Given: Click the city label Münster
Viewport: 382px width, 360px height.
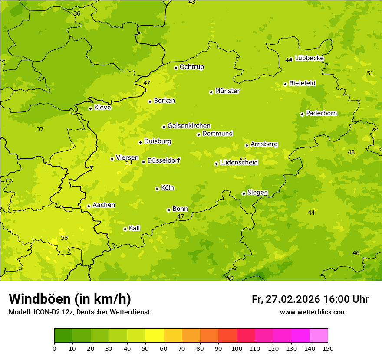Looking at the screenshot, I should coord(227,91).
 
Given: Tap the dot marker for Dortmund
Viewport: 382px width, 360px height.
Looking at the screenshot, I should coord(198,134).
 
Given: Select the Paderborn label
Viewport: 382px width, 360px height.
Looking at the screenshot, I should coord(321,113).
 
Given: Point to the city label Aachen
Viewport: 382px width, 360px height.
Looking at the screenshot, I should coord(104,205).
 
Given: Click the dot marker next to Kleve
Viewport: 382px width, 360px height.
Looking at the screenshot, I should coord(90,108).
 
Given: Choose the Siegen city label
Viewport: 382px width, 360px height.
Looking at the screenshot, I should coord(257,193).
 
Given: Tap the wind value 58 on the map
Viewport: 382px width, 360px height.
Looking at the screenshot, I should coord(64,238).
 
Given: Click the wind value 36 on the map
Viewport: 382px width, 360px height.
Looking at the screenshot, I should coord(77,13).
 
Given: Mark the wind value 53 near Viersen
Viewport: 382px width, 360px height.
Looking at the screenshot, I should coord(128,163).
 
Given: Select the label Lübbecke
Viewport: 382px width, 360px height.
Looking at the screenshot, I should coord(309,58).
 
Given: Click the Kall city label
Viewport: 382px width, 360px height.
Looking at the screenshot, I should coord(135,228).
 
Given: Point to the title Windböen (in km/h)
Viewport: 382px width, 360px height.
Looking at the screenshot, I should coord(70,299).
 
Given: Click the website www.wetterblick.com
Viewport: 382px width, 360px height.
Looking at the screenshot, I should coord(313,312).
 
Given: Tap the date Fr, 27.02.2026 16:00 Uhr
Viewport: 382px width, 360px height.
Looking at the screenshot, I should coord(310,299).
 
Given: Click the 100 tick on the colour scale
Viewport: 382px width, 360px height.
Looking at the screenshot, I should coord(237,348).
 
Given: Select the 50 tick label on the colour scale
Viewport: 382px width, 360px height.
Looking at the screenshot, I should coord(145,348).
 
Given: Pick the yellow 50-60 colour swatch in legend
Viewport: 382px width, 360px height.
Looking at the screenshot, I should coord(155,336).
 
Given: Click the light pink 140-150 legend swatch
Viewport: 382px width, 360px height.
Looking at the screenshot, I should coord(319,336).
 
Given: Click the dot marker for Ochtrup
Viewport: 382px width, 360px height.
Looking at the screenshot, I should coord(176,68).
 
